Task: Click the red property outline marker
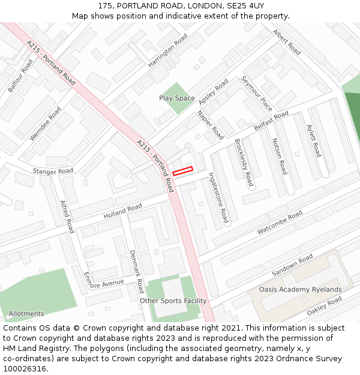tap(182, 171)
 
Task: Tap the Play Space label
tap(177, 98)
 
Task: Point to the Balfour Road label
tap(20, 76)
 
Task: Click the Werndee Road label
tap(46, 123)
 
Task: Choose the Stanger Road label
tap(53, 172)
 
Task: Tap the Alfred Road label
tap(67, 217)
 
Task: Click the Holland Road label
tap(122, 211)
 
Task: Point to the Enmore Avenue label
tap(104, 284)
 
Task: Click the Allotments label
tap(26, 314)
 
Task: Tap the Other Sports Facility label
tap(173, 301)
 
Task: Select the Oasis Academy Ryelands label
tap(300, 289)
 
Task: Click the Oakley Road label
tap(324, 308)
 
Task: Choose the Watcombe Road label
tap(280, 223)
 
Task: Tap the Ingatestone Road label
tap(218, 197)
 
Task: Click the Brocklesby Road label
tap(244, 162)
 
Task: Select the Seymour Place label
tap(257, 93)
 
